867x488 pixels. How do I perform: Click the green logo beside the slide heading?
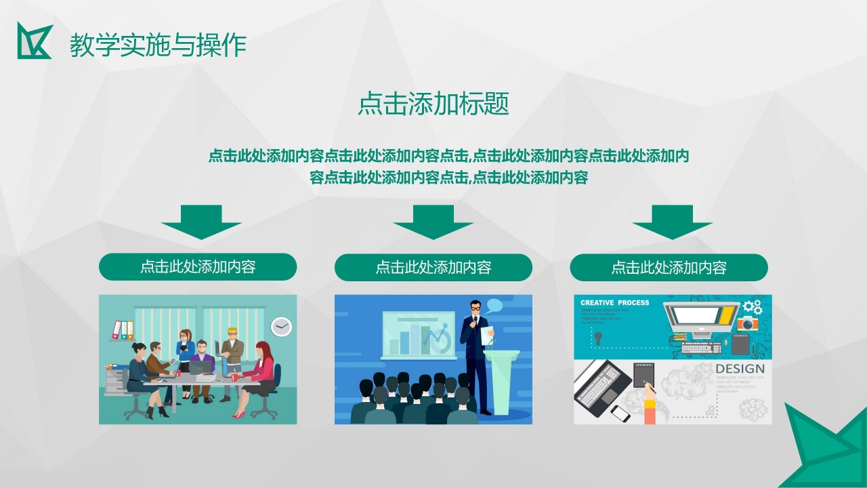point(35,41)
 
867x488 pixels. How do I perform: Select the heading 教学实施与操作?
point(158,45)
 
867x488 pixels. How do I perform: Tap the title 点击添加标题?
point(433,104)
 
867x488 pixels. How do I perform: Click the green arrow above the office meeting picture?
point(201,221)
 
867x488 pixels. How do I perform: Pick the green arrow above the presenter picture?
point(433,221)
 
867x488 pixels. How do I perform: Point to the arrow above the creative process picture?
point(672,221)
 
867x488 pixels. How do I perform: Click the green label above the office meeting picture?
point(198,266)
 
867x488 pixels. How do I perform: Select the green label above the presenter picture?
point(433,267)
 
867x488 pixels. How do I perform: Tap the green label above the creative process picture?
point(669,267)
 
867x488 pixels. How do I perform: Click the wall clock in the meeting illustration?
point(281,327)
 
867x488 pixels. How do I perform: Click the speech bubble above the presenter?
point(494,305)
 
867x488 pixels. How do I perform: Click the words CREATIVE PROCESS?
point(614,303)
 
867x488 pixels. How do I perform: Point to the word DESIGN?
point(740,369)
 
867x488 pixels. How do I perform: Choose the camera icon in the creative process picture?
point(748,323)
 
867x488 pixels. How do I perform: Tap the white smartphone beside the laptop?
point(620,413)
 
